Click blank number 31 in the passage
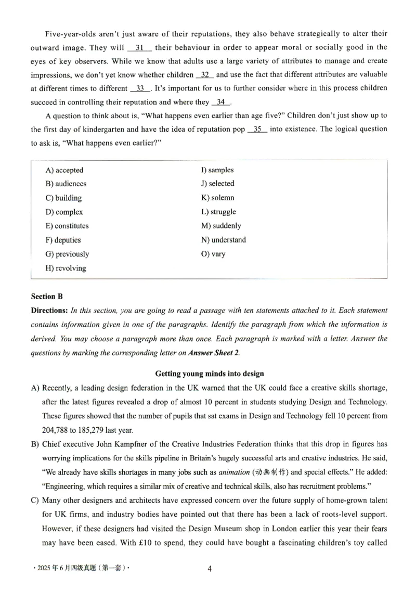coord(139,47)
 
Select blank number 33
coord(140,88)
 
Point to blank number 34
coord(221,102)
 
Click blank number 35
coord(257,129)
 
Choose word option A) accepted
coord(64,170)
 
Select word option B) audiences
coord(66,184)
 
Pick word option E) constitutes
coord(67,226)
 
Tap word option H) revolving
coord(66,268)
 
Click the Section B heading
coord(47,297)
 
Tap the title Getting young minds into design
coord(209,374)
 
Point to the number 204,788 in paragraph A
coord(56,430)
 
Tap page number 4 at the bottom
coord(209,569)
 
